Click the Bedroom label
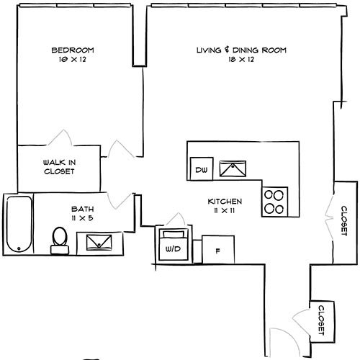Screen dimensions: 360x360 tap(73, 50)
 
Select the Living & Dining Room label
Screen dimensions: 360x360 tap(242, 50)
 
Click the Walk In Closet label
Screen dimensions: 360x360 tap(59, 167)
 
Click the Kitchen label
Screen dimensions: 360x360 tap(225, 202)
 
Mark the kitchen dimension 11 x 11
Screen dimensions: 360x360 tap(225, 211)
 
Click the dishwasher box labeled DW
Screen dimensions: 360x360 tap(202, 169)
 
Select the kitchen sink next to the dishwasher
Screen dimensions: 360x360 tap(234, 169)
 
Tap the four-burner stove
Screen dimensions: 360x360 tap(274, 201)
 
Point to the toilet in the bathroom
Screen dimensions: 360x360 tap(59, 239)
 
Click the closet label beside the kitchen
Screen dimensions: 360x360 tap(342, 220)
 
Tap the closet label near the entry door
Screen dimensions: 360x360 tap(320, 318)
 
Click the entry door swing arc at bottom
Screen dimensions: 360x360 tap(279, 338)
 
